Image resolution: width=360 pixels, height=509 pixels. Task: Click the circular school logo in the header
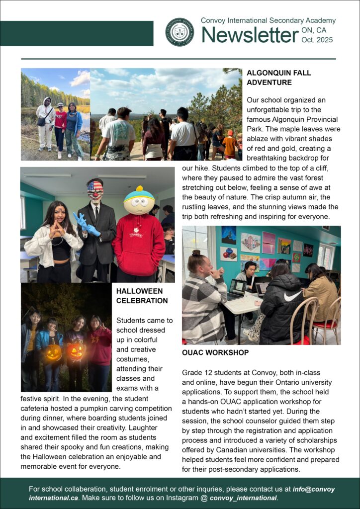tap(180, 32)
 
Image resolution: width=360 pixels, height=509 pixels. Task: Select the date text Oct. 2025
tap(317, 40)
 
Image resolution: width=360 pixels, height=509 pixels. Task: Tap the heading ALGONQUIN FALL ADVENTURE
tap(278, 78)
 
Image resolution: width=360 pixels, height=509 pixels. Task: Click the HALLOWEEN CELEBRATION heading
tap(142, 296)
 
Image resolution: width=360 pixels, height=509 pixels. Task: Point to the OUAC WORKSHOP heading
tap(215, 352)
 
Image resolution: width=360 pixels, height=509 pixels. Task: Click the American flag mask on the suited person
tap(95, 189)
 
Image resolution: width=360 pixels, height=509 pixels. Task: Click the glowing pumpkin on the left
tap(54, 352)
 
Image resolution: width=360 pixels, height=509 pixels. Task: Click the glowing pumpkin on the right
tap(76, 351)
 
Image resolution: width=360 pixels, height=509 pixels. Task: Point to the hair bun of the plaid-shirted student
tap(195, 254)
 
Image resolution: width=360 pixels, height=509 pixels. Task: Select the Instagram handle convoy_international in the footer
tap(243, 498)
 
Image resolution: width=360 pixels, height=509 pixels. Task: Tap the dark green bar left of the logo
tap(77, 33)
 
